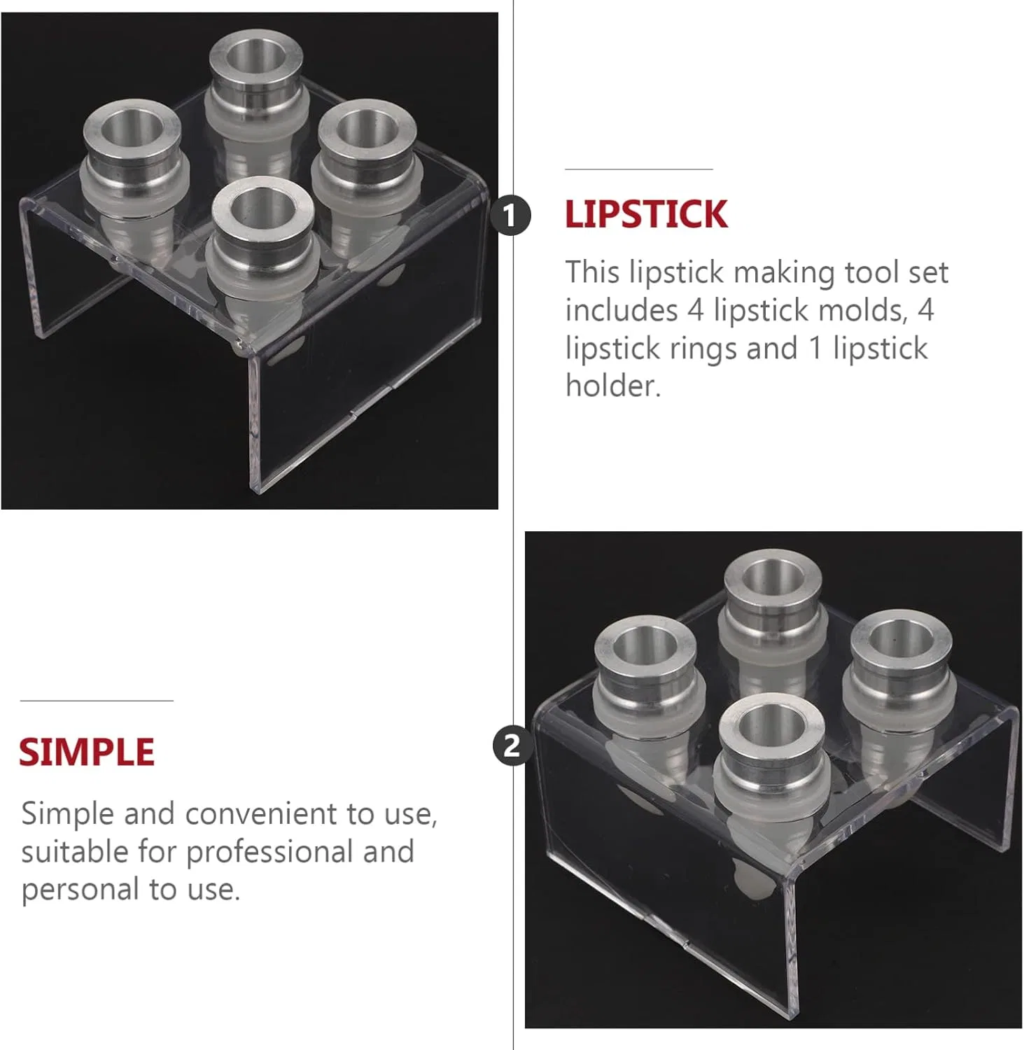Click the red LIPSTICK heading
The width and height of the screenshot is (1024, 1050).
point(646,214)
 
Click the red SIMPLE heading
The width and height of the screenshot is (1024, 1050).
point(87,752)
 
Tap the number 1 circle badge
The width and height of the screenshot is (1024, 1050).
point(510,215)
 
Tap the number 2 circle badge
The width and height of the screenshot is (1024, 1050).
point(513,745)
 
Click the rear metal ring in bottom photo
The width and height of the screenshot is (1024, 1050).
point(773,588)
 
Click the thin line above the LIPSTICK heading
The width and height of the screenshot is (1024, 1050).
point(638,169)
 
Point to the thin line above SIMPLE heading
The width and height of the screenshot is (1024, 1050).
point(97,701)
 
